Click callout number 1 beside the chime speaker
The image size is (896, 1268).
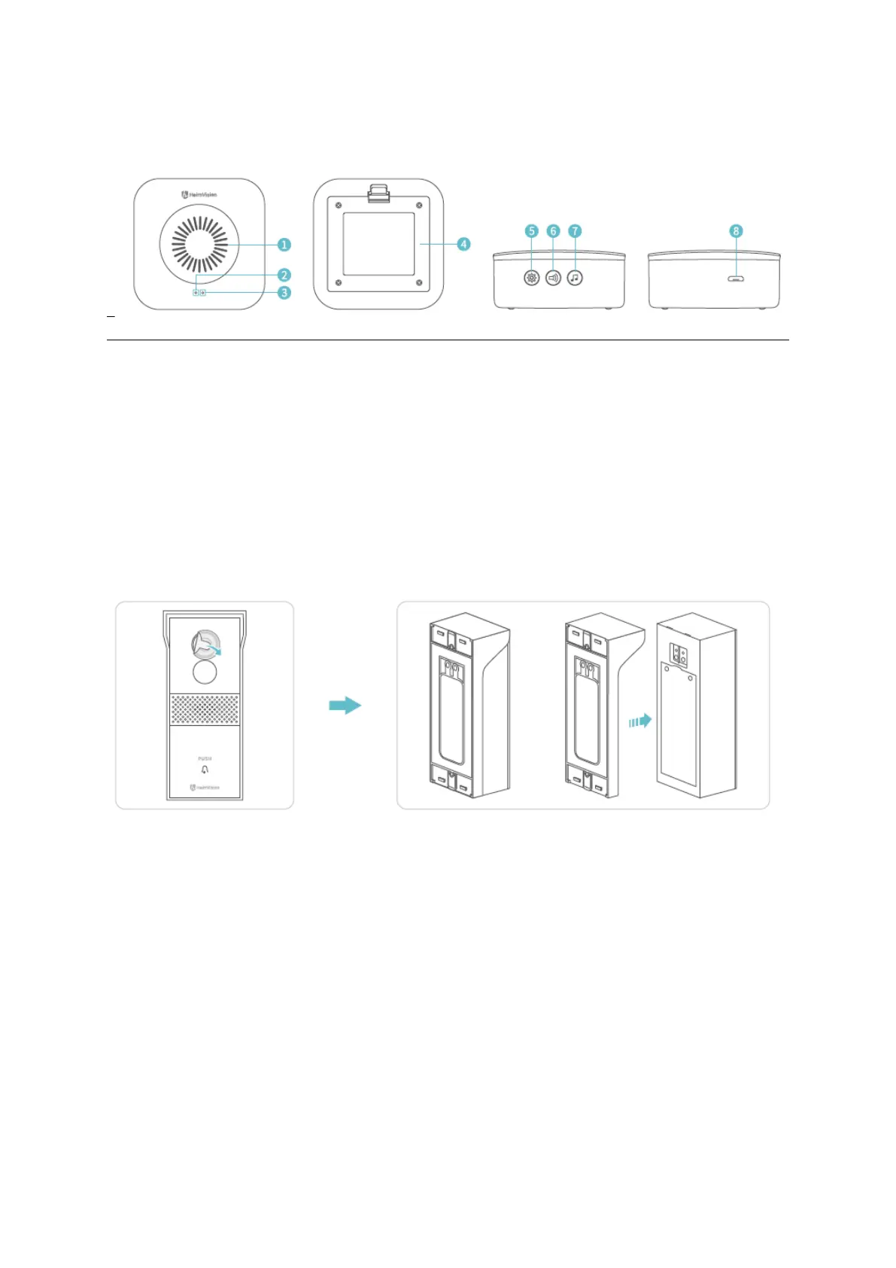pos(284,245)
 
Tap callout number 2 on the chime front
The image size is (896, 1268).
pos(284,275)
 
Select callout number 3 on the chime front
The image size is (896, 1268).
pos(284,292)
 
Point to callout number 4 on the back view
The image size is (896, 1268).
pos(463,244)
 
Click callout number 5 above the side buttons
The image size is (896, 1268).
pos(532,231)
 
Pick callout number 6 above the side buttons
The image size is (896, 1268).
pos(554,231)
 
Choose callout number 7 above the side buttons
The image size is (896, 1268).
pos(576,231)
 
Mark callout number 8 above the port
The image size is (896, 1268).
pos(737,231)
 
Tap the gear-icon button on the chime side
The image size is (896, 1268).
pos(532,278)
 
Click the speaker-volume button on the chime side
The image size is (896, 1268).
pos(554,278)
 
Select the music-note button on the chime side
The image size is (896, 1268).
pos(576,278)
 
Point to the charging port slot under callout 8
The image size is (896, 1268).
pos(737,279)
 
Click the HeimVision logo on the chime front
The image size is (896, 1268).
pos(199,194)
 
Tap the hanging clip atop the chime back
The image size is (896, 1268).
pos(378,194)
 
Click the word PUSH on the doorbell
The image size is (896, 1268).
pos(205,758)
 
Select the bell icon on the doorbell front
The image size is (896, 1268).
pos(205,770)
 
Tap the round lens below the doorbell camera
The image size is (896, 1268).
pos(205,672)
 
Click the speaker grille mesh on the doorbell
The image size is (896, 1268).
pos(205,709)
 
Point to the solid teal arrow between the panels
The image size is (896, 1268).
pos(345,706)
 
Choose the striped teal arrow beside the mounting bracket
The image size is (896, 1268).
pos(639,721)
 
